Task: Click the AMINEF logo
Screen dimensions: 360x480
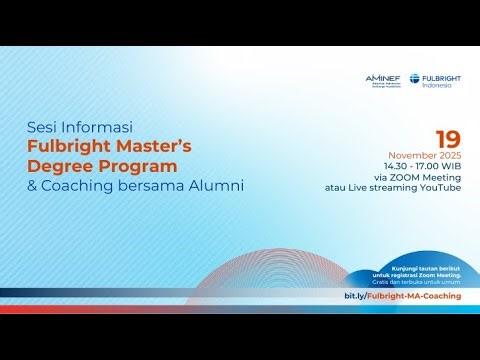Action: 384,81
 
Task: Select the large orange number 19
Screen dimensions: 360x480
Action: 448,140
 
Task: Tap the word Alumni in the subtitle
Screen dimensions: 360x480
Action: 217,186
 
